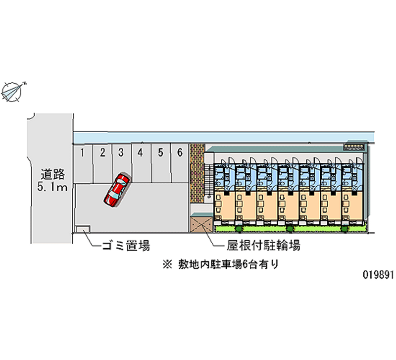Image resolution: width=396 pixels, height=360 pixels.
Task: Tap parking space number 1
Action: (x=84, y=153)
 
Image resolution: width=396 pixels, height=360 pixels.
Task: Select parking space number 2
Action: (x=102, y=153)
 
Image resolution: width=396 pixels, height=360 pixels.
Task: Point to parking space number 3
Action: (x=121, y=153)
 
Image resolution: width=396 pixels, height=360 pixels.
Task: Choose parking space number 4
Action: (x=141, y=153)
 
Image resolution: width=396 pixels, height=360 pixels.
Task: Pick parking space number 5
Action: (x=160, y=153)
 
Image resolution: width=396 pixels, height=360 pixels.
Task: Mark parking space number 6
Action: (x=180, y=153)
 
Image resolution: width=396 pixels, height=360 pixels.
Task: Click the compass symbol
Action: (x=13, y=91)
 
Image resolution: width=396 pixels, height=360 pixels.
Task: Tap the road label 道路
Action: (x=53, y=174)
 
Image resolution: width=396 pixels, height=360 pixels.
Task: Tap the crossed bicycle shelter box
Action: (x=200, y=223)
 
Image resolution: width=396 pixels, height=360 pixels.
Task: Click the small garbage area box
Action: (x=83, y=228)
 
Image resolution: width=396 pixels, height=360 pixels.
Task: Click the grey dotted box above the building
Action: (x=355, y=147)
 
